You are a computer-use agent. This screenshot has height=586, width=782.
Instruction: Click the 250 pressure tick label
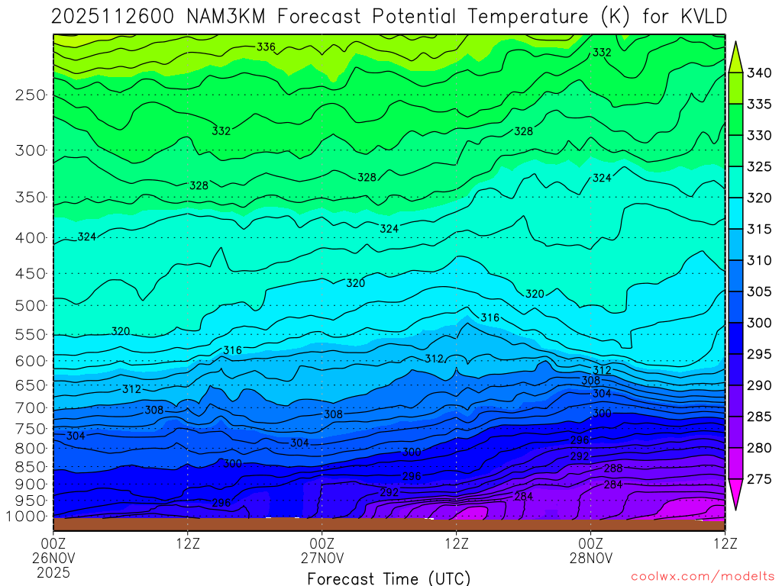(x=31, y=95)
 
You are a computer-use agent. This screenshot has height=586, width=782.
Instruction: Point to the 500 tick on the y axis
(x=31, y=306)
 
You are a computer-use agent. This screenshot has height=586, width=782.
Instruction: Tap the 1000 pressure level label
(x=27, y=517)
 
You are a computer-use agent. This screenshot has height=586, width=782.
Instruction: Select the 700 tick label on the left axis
(x=31, y=407)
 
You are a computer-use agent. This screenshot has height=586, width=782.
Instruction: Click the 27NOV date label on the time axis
(x=322, y=557)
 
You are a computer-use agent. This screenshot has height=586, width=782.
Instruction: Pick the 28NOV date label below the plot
(x=591, y=557)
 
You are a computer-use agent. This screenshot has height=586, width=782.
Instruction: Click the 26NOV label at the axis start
(x=53, y=557)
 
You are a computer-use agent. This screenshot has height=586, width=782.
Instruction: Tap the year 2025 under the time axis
(x=53, y=572)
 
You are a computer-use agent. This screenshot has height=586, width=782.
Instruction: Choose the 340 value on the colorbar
(x=759, y=73)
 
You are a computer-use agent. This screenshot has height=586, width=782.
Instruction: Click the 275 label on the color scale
(x=759, y=479)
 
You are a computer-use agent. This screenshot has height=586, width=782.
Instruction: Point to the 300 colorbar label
(x=759, y=323)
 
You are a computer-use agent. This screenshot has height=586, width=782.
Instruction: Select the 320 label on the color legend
(x=759, y=198)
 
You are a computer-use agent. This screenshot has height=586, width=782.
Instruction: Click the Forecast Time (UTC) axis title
(x=389, y=578)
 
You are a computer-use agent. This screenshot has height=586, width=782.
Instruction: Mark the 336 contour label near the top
(x=266, y=47)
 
